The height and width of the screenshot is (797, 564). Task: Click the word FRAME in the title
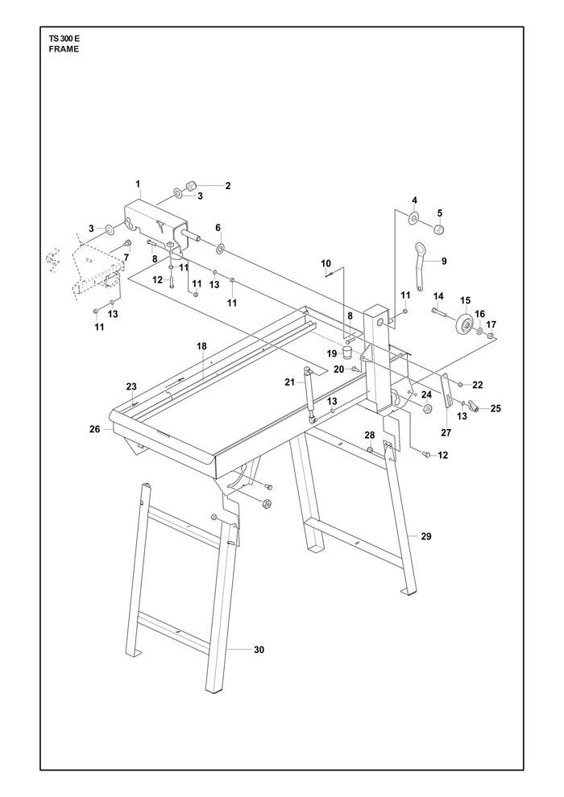click(x=64, y=49)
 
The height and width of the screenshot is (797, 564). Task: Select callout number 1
click(x=138, y=183)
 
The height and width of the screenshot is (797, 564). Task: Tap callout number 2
click(x=228, y=186)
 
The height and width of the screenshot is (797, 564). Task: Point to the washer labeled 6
click(x=221, y=249)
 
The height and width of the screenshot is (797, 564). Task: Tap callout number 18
click(x=202, y=346)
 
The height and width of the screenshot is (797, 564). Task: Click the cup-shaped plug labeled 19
click(x=346, y=353)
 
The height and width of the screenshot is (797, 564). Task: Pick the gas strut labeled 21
click(x=309, y=394)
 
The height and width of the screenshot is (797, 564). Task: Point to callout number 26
click(x=95, y=430)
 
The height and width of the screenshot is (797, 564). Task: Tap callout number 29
click(x=426, y=535)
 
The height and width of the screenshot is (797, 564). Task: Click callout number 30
click(x=259, y=650)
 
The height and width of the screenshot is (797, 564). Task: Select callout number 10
click(x=326, y=263)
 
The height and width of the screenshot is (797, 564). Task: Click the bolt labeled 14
click(x=441, y=312)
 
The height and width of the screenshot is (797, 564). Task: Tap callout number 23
click(x=131, y=386)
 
